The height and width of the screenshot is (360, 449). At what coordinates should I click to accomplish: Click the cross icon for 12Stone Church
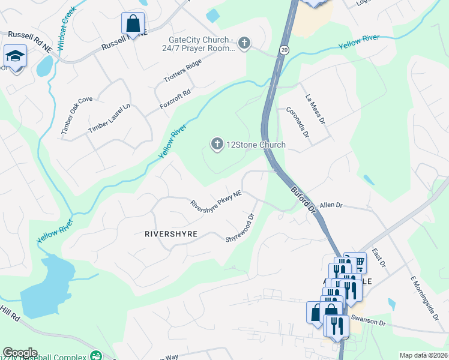[217, 143]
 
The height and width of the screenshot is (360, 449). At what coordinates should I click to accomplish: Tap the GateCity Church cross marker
[244, 43]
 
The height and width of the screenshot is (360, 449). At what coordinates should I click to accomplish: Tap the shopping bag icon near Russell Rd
[133, 24]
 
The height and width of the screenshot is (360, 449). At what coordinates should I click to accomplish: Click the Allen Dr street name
[330, 205]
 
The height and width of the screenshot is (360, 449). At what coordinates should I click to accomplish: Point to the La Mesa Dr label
[315, 109]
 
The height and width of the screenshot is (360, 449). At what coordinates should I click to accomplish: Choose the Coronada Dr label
[297, 122]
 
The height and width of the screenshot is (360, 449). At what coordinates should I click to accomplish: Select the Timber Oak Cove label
[76, 115]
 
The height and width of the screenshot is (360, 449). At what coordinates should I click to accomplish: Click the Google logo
[20, 352]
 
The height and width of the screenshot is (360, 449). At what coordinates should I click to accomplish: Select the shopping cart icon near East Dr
[358, 261]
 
